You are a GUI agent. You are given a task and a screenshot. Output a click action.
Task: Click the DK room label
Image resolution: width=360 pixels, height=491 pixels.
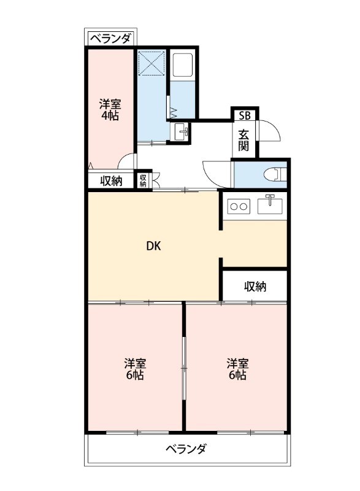[x=153, y=247]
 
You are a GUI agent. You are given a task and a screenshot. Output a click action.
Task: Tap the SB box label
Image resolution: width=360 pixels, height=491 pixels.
[x=245, y=115]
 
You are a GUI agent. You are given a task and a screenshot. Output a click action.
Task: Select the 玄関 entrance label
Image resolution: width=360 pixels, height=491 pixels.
[x=244, y=140]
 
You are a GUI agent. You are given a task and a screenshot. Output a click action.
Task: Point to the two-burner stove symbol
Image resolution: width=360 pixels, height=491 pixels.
[x=238, y=206]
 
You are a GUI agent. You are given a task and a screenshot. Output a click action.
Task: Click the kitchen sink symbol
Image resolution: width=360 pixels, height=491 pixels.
[x=270, y=204]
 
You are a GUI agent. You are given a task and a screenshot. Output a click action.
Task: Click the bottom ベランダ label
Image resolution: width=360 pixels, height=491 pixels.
[x=186, y=449]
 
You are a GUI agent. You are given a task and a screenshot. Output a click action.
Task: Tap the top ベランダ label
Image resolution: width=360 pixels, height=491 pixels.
[x=110, y=39]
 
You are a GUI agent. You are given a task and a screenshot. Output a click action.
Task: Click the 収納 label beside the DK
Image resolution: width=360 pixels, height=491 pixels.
[x=255, y=286]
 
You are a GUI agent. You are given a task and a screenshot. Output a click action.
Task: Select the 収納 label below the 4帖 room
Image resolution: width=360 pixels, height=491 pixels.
[x=111, y=180]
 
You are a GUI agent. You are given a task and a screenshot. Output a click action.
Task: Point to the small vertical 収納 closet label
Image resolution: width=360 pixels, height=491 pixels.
[x=143, y=180]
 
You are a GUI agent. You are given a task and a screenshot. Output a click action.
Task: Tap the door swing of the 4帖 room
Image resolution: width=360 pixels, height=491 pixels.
[x=126, y=161]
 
